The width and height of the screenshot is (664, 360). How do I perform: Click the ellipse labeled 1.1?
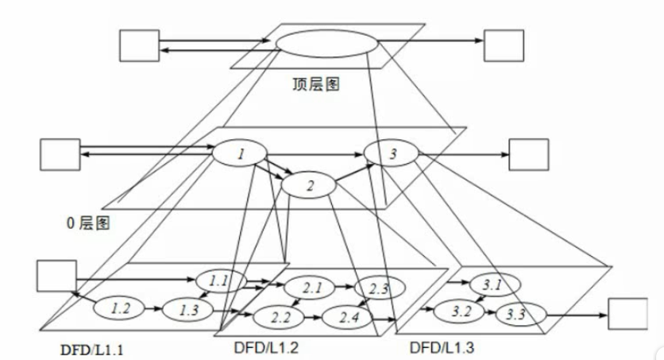pos(218,280)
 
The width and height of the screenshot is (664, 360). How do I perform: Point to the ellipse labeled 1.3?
pos(187,308)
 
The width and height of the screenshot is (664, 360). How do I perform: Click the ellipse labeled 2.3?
pos(378,288)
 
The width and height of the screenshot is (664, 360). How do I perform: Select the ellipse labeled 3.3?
pos(516,314)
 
